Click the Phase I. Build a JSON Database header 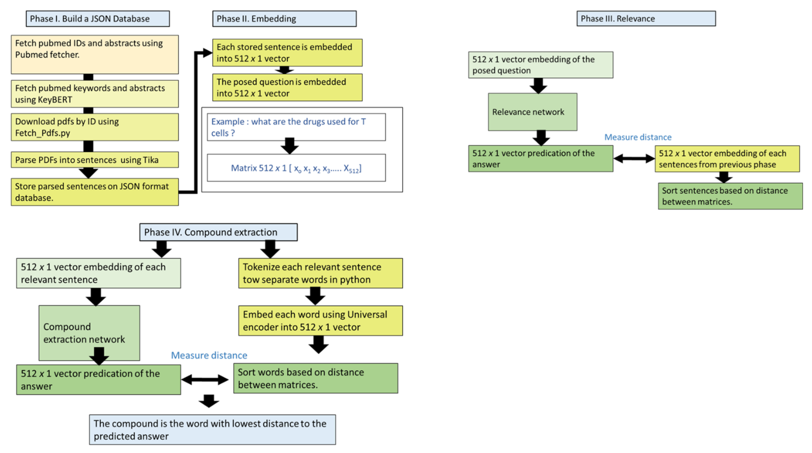point(98,19)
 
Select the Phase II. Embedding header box point(284,19)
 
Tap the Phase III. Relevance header point(646,19)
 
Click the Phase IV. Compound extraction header point(218,232)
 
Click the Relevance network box point(532,112)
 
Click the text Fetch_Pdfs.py point(42,133)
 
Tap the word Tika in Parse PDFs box point(150,160)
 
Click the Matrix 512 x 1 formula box point(296,168)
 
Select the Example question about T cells point(296,127)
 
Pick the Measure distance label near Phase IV point(209,355)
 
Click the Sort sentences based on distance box point(730,196)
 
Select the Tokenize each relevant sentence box point(320,273)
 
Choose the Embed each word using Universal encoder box point(320,320)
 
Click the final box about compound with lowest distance point(212,430)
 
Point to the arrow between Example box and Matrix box point(289,146)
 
